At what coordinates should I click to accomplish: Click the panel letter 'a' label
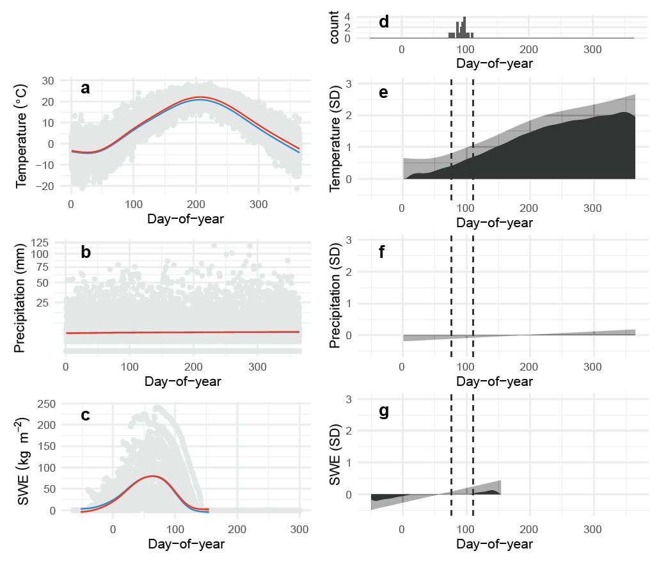(85, 89)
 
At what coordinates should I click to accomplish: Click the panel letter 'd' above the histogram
(384, 22)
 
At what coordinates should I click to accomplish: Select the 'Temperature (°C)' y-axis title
(22, 134)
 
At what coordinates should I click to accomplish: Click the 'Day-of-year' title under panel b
(183, 382)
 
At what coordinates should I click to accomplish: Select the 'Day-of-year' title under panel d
(495, 64)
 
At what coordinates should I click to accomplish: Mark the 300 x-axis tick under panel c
(300, 529)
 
